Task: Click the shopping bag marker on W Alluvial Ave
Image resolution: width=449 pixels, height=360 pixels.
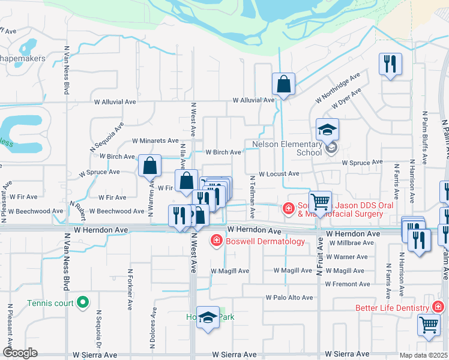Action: point(283,85)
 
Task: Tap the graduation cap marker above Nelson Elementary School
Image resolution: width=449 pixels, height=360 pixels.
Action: point(328,130)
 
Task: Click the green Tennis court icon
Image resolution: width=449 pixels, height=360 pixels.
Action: point(85,302)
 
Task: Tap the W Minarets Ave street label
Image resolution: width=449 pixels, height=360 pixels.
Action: point(155,140)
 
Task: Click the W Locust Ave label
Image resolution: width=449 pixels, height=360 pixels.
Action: point(279,174)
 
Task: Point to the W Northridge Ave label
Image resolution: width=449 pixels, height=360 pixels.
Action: point(338,89)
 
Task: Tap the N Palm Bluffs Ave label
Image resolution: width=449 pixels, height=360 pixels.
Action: point(424,138)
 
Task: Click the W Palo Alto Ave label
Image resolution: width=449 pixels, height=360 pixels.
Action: point(293,297)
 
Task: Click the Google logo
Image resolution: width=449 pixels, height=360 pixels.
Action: point(20,353)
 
